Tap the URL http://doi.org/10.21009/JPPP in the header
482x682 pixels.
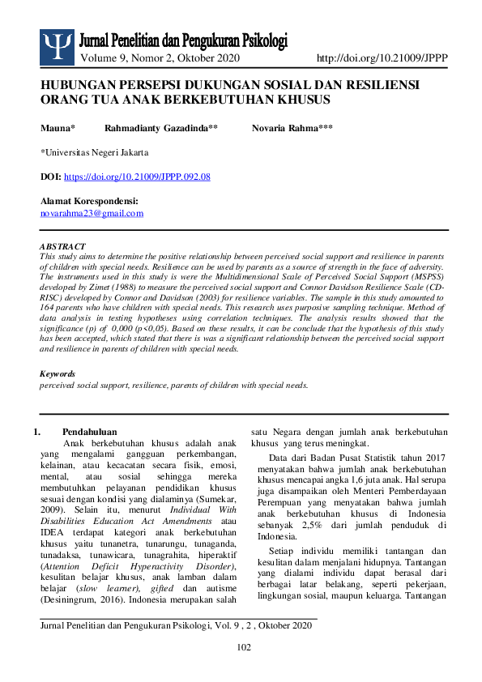382,58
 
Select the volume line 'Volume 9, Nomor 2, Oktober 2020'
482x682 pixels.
160,58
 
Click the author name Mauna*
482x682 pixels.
58,128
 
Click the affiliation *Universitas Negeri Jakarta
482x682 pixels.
94,152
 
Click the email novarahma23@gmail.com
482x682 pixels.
92,213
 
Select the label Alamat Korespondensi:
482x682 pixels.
89,201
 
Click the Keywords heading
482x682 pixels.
58,374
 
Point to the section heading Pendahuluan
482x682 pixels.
90,433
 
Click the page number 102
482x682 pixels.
243,646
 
